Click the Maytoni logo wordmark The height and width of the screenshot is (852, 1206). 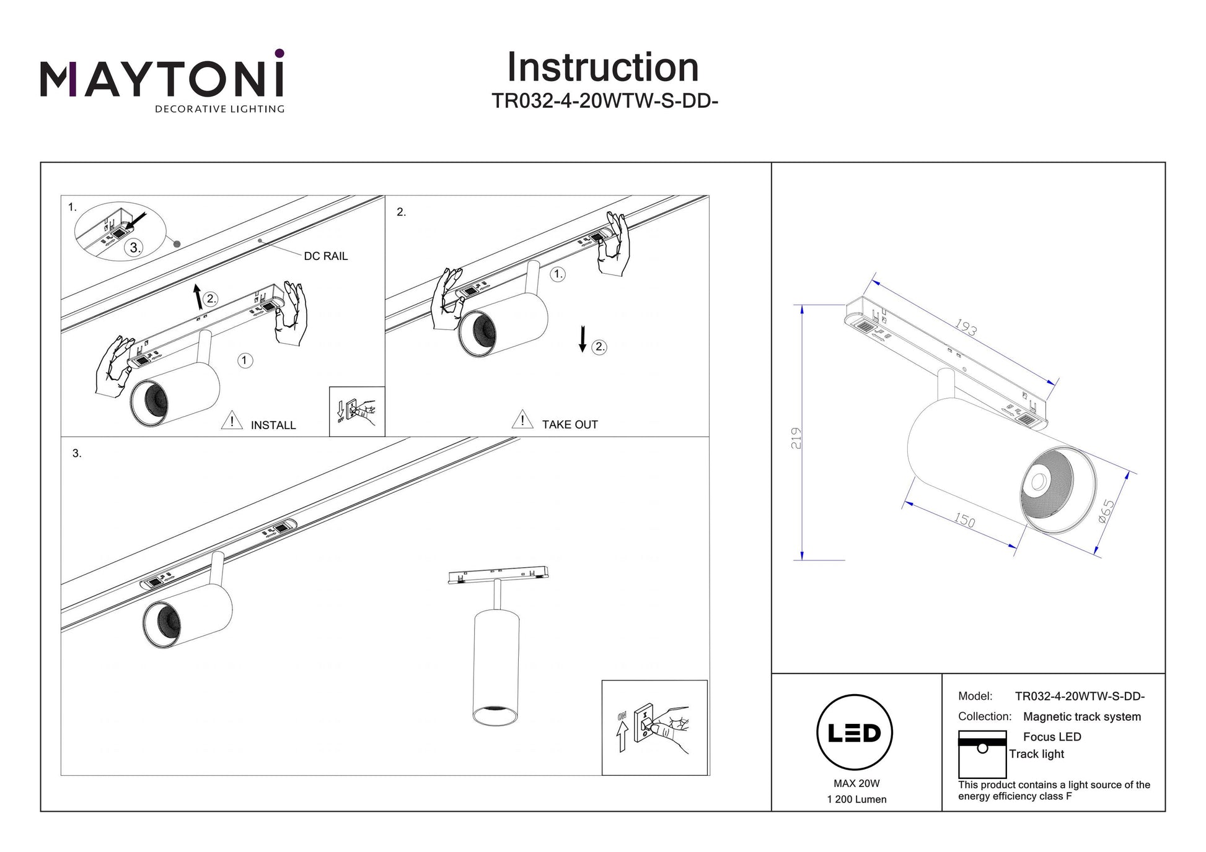(x=162, y=79)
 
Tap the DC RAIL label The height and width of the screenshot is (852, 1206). (x=325, y=256)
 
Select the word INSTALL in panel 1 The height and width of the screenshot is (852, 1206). (x=273, y=425)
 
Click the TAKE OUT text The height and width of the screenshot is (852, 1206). (x=570, y=425)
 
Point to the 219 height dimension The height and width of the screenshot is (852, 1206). (x=796, y=438)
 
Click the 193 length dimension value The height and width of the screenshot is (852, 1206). (x=966, y=328)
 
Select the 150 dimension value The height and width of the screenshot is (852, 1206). (x=964, y=520)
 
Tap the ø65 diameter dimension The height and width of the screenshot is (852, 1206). (x=1106, y=511)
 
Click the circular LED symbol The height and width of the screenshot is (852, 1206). (x=855, y=733)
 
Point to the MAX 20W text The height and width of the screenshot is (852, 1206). (x=856, y=784)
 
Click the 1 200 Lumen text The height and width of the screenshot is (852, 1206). (x=856, y=800)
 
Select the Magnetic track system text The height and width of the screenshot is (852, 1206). (x=1081, y=717)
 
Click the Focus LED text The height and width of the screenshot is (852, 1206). (x=1052, y=737)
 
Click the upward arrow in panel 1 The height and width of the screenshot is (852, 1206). (x=198, y=297)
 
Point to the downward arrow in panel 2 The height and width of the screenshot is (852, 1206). (x=582, y=339)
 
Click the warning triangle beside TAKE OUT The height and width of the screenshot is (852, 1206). (x=522, y=419)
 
